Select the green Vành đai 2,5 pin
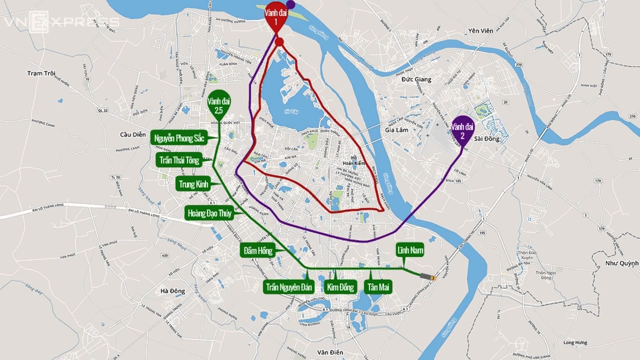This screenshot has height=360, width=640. [218, 103]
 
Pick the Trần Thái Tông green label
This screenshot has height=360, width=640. [178, 160]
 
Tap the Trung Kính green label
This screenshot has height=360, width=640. [193, 184]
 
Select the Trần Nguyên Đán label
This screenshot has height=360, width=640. [289, 287]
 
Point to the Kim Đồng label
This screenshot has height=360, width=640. [340, 287]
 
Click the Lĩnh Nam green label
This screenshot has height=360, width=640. [410, 250]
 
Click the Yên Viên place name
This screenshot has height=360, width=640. [480, 31]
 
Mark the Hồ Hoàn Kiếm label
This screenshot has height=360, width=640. [354, 160]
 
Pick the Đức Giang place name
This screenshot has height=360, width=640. [416, 79]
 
